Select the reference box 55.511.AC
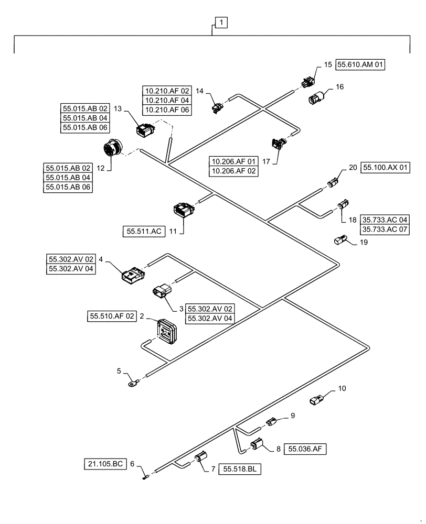click(x=143, y=230)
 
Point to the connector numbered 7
click(x=201, y=461)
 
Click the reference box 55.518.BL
click(x=239, y=469)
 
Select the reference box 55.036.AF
click(x=305, y=449)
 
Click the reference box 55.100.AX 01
click(x=385, y=168)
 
